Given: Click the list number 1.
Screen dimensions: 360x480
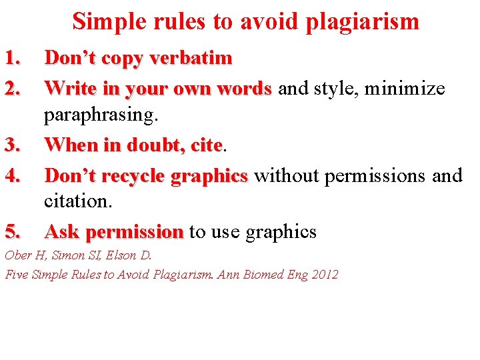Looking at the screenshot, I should tap(13, 59).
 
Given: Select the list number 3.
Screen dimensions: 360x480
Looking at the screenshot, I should tap(13, 145).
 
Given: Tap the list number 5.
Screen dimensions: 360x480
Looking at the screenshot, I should tap(13, 231).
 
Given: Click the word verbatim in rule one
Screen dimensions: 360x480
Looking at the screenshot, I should tap(191, 59).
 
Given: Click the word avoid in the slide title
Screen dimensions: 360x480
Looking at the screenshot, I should tap(269, 21).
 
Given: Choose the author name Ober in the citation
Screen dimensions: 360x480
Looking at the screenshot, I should tap(18, 255).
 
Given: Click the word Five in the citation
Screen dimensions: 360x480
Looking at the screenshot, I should tap(16, 274).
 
